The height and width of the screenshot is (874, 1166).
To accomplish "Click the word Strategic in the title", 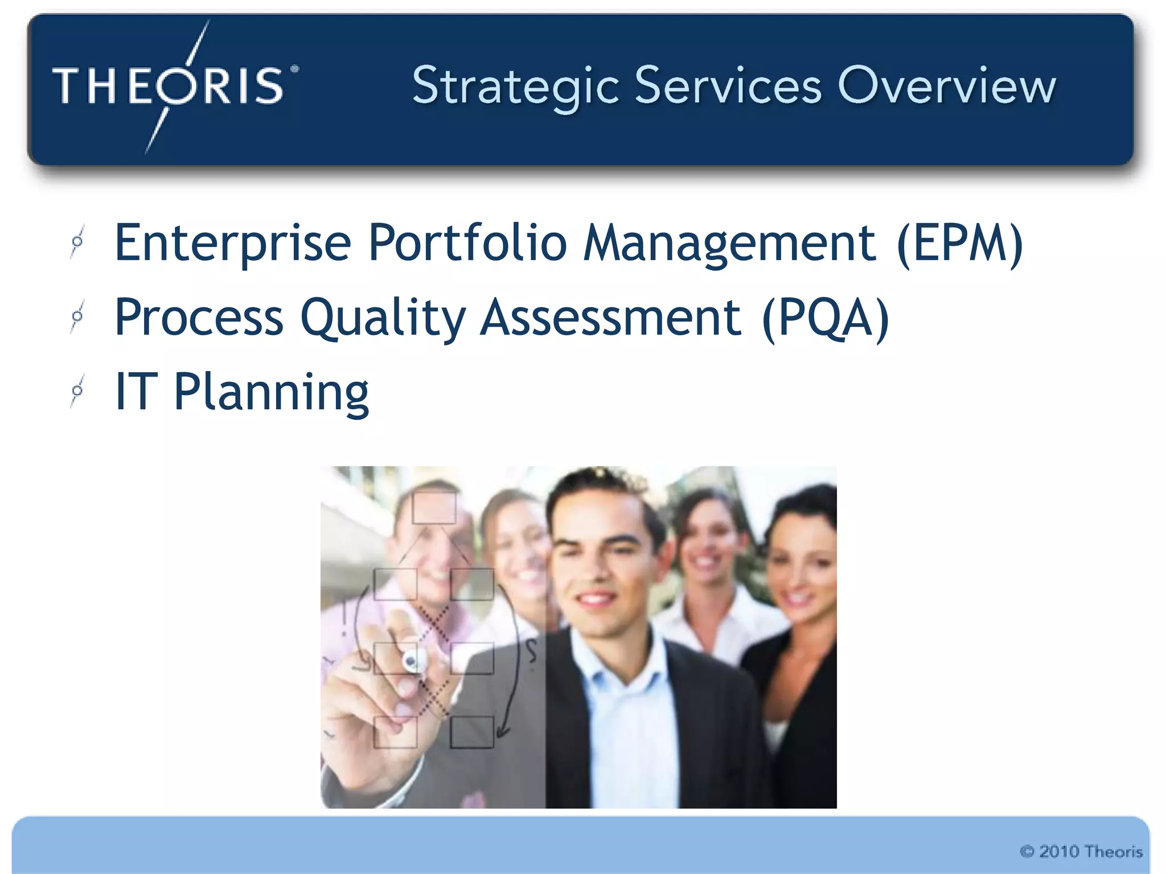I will [x=515, y=86].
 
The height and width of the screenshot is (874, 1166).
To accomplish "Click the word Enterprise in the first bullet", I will [x=233, y=244].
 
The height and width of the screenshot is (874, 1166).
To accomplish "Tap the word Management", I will [x=730, y=244].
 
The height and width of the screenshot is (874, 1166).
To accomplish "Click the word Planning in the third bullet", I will [x=271, y=393].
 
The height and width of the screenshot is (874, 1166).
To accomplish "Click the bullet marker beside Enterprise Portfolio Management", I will [x=77, y=242].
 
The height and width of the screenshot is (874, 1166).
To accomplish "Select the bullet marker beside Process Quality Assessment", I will [x=77, y=316].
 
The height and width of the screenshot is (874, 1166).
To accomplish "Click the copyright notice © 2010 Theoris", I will [x=1081, y=851].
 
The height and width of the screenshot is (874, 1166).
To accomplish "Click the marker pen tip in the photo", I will [x=411, y=662].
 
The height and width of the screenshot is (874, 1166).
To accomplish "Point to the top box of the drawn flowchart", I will [x=434, y=508].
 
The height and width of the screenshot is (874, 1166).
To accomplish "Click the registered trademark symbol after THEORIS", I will [x=294, y=69].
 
